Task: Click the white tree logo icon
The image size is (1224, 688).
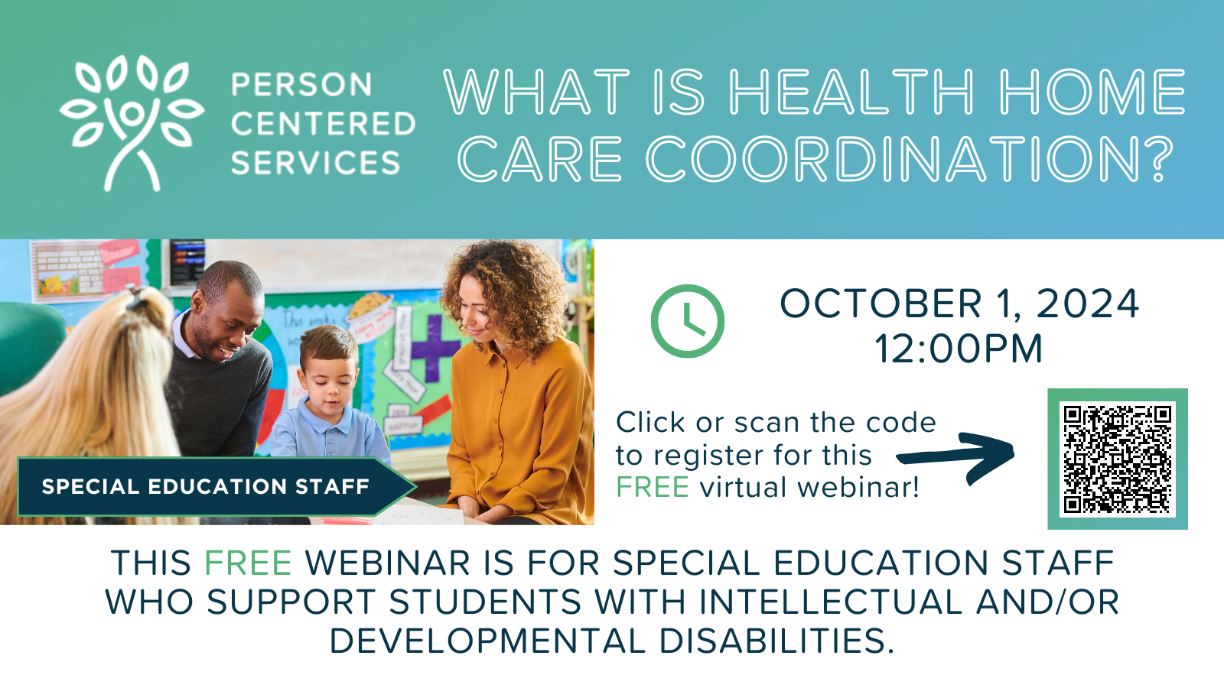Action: coord(131,123)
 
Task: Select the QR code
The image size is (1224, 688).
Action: coord(1118,459)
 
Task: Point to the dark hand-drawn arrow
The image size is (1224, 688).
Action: coord(956,458)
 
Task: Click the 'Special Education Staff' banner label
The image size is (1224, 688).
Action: coord(206,486)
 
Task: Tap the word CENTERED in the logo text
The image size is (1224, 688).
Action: coord(324,123)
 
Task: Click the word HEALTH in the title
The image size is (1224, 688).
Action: coord(852,92)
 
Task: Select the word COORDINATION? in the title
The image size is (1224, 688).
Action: coord(910,159)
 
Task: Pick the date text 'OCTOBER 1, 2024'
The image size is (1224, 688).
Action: coord(959,303)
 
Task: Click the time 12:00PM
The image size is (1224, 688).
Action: coord(959,349)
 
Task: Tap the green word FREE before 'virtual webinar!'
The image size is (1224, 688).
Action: coord(653,487)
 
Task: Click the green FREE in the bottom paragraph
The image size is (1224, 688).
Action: coord(248,563)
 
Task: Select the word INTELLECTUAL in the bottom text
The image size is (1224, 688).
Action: coord(830,602)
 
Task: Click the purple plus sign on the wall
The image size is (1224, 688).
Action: coord(435,348)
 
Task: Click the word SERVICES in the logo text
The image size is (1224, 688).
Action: coord(316,163)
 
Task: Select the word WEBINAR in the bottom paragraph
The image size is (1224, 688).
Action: coord(387,563)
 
